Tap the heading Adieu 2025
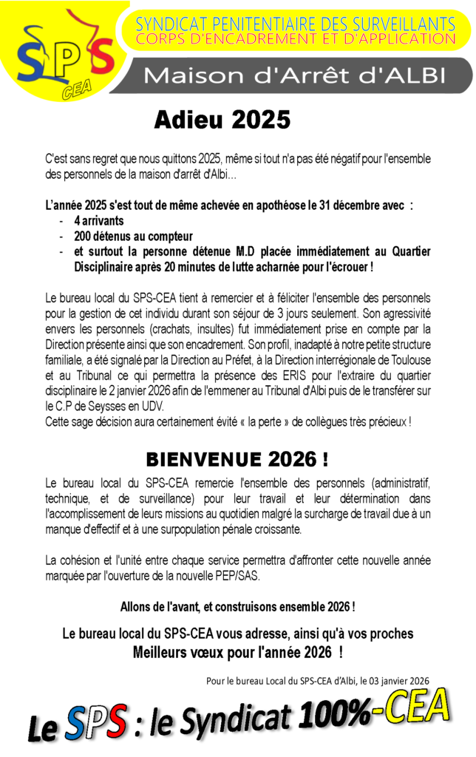(x=222, y=120)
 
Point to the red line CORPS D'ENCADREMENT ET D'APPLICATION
(x=295, y=38)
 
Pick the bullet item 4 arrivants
(x=99, y=220)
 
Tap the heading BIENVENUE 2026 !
(x=237, y=459)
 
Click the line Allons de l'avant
(x=237, y=607)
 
